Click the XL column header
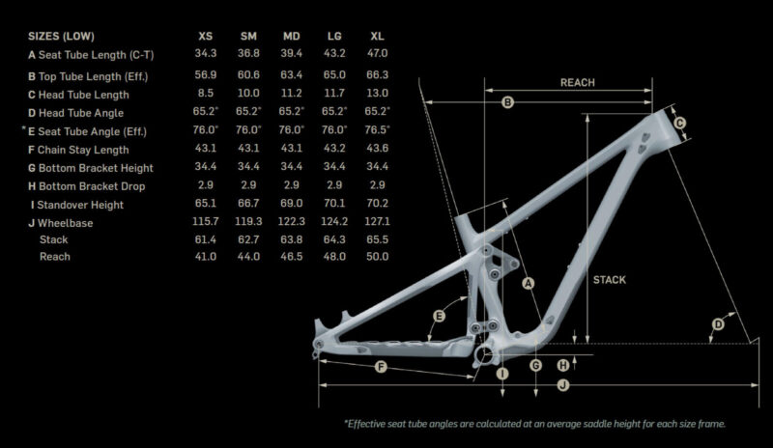(377, 36)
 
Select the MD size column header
(292, 36)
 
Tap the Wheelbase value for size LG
(334, 221)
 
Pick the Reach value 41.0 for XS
(206, 256)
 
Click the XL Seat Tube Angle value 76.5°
(377, 129)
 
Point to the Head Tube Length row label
(78, 95)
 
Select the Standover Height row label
(77, 205)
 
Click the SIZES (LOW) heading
(61, 36)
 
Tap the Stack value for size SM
(248, 239)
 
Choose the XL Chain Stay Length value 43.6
(377, 148)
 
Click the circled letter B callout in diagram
(507, 102)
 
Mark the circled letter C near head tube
(680, 123)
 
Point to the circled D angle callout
(718, 324)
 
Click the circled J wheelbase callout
(563, 385)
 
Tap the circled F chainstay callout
(381, 367)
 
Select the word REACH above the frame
(577, 83)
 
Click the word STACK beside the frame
(610, 280)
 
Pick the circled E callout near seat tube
(439, 316)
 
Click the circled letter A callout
(528, 284)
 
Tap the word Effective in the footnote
(366, 424)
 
